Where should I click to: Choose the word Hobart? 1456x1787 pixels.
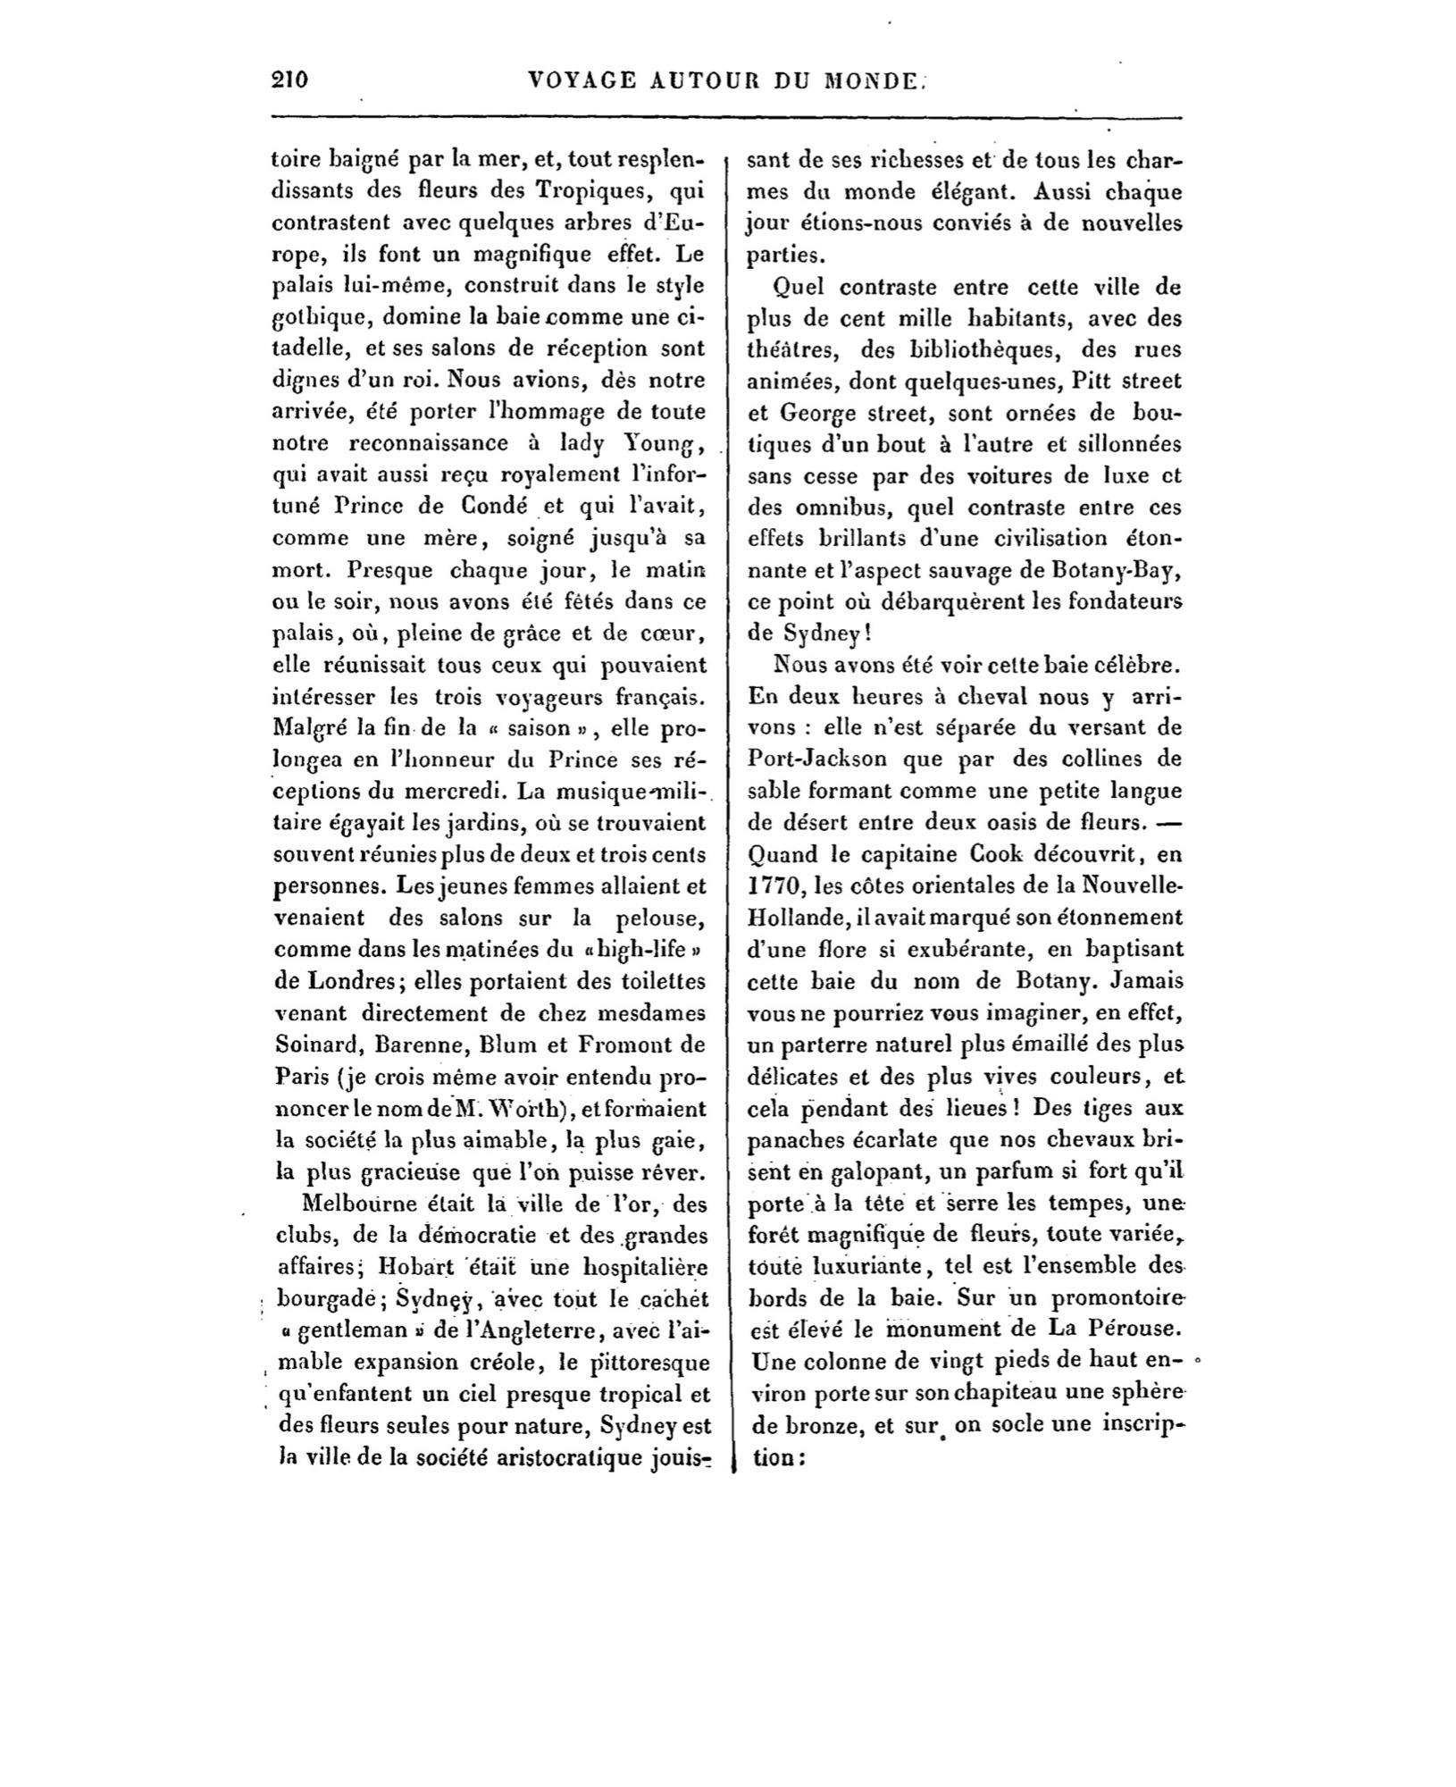(x=416, y=1267)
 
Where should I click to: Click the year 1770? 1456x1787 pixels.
(x=768, y=885)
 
